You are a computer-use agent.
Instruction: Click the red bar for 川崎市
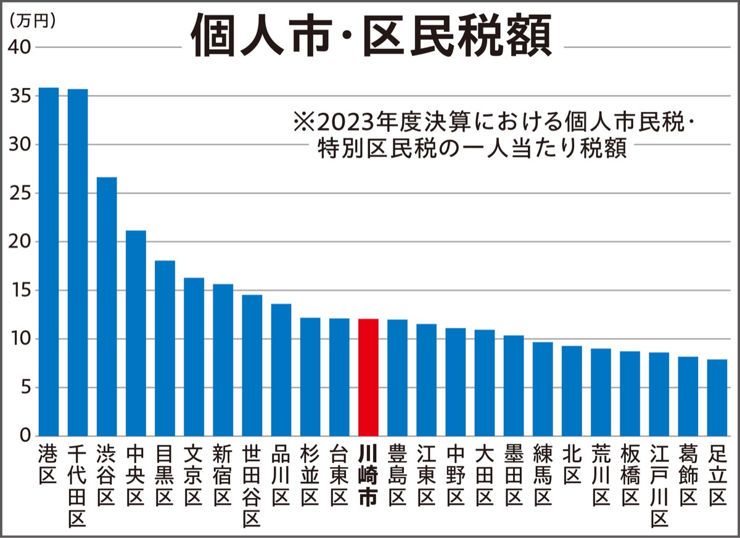tap(368, 377)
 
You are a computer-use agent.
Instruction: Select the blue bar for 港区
tap(49, 262)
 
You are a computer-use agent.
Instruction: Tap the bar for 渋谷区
tap(107, 306)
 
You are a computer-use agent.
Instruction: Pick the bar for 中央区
tap(136, 333)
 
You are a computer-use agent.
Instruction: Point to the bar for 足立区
tap(717, 397)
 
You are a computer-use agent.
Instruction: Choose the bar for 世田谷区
tap(252, 365)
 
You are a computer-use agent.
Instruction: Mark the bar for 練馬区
tap(543, 389)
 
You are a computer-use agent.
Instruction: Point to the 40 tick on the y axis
tap(20, 47)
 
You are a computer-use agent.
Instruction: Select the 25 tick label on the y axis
tap(20, 193)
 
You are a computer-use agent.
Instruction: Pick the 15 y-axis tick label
tap(20, 290)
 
